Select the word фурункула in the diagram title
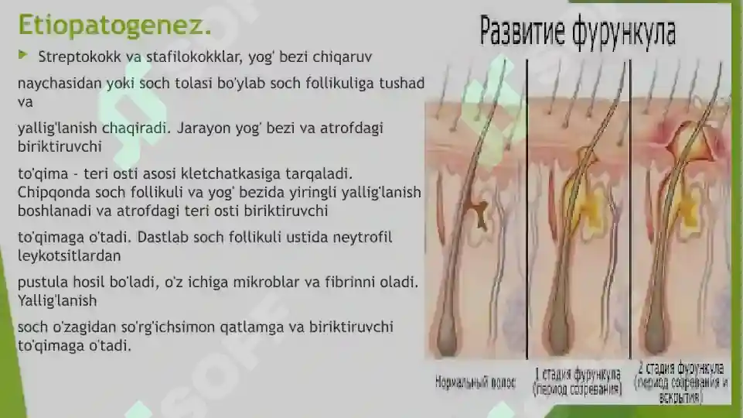pyautogui.click(x=625, y=33)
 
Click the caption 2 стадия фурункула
pyautogui.click(x=681, y=367)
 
